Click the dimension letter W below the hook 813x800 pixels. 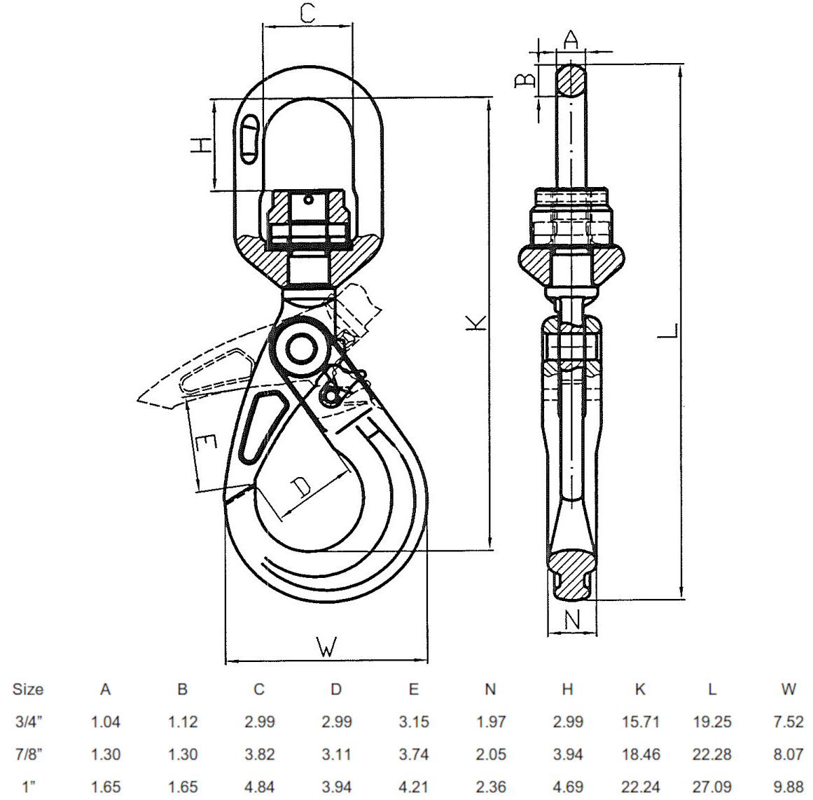(326, 646)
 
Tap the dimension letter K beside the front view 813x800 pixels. (476, 322)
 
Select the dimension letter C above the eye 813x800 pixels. (307, 13)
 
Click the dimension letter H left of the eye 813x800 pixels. (201, 145)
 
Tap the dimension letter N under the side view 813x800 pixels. (572, 619)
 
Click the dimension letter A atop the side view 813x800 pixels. (571, 39)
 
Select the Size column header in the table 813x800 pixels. (28, 689)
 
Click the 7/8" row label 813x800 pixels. (28, 754)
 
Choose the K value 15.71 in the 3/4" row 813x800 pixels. (640, 722)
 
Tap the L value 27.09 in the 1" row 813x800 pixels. (712, 787)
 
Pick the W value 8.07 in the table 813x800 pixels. (788, 754)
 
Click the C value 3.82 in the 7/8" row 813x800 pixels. (259, 754)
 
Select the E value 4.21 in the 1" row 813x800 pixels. (413, 787)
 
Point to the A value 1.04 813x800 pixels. (106, 722)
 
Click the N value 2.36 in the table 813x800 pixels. (490, 787)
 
